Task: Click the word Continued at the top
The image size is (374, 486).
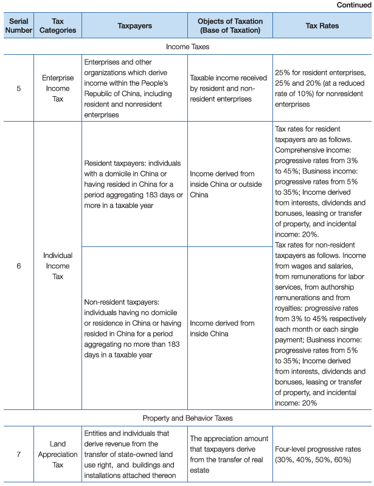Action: click(x=353, y=5)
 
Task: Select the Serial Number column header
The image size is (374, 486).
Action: click(x=19, y=26)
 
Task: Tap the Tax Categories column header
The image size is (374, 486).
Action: click(x=58, y=26)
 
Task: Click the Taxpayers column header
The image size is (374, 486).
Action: click(x=134, y=26)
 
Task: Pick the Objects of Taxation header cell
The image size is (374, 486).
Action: click(x=229, y=26)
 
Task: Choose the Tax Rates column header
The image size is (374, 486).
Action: click(x=322, y=26)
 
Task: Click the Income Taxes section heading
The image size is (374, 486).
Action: click(x=187, y=46)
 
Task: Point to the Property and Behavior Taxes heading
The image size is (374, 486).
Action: click(x=187, y=418)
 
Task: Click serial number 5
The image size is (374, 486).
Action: click(x=19, y=88)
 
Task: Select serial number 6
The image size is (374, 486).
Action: click(x=19, y=266)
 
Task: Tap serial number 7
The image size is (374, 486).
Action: click(x=19, y=454)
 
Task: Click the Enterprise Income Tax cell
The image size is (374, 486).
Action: click(x=58, y=88)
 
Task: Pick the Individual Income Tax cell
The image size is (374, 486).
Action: click(x=58, y=266)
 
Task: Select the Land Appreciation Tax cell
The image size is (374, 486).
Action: click(x=58, y=454)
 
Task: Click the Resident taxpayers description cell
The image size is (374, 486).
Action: click(x=134, y=184)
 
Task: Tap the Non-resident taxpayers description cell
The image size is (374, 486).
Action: click(x=134, y=328)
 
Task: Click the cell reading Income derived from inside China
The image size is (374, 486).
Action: click(x=222, y=328)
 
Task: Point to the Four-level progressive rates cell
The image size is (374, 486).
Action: click(x=322, y=454)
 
